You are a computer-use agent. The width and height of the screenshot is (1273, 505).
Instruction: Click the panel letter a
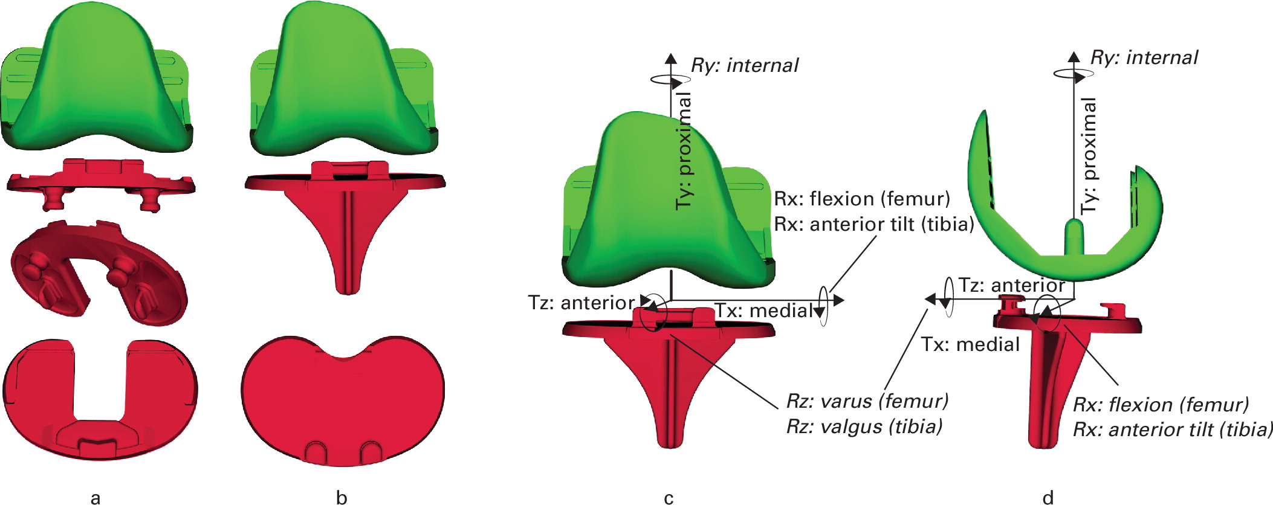click(95, 498)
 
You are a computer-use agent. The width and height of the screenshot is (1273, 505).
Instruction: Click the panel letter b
click(342, 498)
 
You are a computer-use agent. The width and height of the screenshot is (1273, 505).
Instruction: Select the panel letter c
click(669, 498)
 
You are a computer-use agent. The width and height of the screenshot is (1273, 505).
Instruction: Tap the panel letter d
click(1048, 498)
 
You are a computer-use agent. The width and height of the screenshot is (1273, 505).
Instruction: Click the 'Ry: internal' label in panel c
click(745, 65)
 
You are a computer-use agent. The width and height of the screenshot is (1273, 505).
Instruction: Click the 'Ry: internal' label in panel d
click(1144, 58)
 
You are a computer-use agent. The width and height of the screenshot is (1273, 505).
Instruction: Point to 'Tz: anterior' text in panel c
click(581, 303)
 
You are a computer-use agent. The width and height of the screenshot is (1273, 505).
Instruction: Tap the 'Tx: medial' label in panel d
click(970, 344)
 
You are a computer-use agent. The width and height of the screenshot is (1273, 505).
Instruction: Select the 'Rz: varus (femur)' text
click(867, 401)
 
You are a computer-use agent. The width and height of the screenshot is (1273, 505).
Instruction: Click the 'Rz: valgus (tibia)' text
click(864, 426)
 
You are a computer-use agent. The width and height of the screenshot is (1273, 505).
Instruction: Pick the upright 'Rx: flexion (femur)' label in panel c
click(862, 199)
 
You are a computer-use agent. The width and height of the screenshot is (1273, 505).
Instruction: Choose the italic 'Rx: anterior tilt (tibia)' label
click(1172, 429)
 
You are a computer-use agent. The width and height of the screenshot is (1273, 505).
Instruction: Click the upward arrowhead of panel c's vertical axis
click(670, 59)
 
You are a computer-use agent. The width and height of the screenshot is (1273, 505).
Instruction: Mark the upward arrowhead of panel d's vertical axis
click(1074, 57)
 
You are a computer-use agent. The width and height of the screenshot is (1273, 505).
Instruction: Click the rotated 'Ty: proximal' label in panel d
click(1089, 155)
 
